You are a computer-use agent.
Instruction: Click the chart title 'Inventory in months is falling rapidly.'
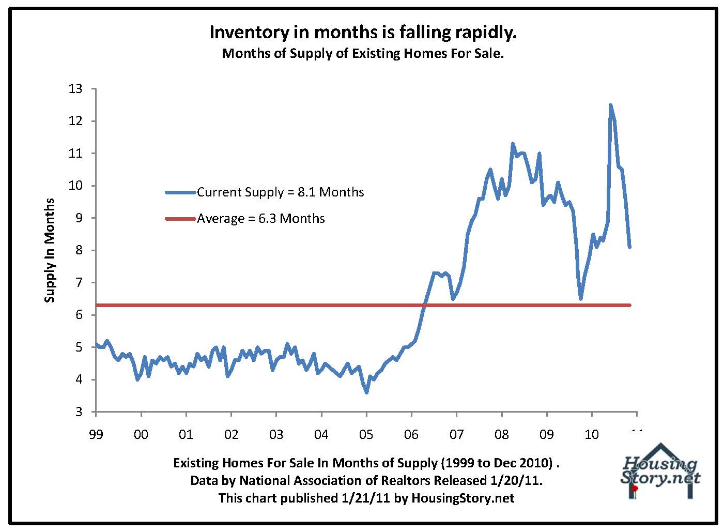[x=363, y=32]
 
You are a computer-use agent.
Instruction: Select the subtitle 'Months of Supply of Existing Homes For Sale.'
[x=363, y=53]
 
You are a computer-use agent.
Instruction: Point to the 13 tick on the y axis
[x=75, y=89]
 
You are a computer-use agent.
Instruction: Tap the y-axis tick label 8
[x=78, y=250]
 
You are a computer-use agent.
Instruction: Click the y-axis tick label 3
[x=78, y=412]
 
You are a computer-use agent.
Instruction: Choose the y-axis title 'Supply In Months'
[x=50, y=250]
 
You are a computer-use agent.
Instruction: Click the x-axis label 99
[x=96, y=434]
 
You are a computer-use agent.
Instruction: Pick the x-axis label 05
[x=366, y=434]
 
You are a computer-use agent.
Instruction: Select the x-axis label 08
[x=502, y=434]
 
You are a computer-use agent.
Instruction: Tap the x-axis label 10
[x=592, y=434]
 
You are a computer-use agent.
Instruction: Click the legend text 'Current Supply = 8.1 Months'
[x=280, y=192]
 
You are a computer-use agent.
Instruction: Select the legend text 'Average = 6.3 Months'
[x=261, y=219]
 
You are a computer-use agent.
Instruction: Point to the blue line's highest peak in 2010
[x=610, y=105]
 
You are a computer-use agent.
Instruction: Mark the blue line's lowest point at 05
[x=366, y=392]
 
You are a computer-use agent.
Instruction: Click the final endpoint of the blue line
[x=629, y=247]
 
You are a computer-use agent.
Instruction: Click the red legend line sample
[x=180, y=219]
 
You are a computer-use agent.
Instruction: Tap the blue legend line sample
[x=180, y=192]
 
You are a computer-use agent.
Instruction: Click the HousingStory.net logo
[x=660, y=471]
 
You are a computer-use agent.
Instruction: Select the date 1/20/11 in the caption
[x=518, y=480]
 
